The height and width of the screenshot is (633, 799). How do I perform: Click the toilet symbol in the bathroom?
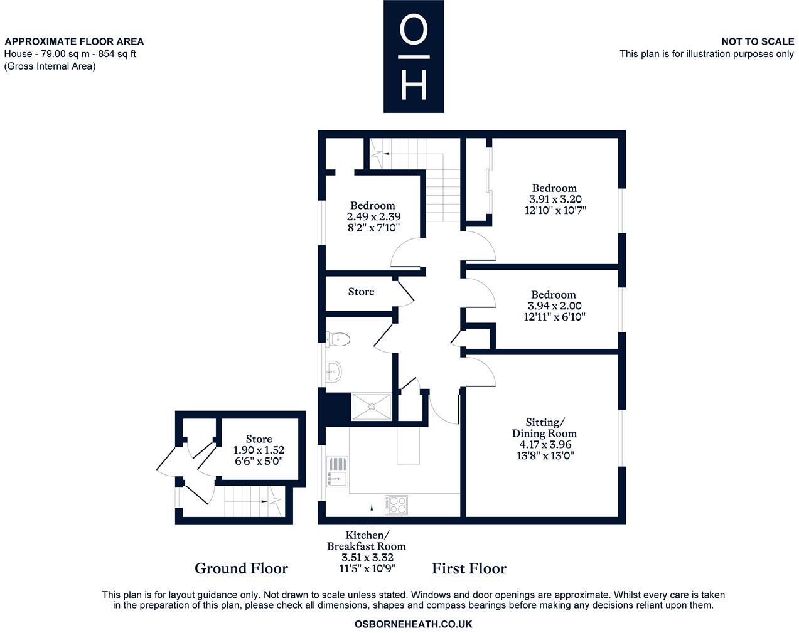340,339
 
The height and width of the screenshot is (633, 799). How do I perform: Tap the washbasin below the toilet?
333,371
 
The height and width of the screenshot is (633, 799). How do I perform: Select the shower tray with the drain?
371,407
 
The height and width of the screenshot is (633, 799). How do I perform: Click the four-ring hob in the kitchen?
395,504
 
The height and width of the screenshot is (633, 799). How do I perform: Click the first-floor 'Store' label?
361,292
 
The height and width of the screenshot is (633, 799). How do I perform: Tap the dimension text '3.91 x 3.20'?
555,199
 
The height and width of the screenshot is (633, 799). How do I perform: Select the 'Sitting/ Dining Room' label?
544,427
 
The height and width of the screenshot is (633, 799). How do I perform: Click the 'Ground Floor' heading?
241,568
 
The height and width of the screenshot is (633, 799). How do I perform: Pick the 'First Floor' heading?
469,568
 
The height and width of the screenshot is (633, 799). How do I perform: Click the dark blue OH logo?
414,56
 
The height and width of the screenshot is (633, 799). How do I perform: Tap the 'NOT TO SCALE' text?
757,41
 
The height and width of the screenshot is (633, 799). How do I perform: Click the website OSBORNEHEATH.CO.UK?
413,624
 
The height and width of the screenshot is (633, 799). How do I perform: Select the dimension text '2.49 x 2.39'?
373,216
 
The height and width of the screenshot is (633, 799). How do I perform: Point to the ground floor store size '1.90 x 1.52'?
259,450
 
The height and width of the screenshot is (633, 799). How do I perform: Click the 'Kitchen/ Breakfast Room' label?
367,541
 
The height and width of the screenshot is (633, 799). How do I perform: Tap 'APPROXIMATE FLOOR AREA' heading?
74,41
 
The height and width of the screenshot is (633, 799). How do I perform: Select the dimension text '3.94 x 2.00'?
554,306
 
